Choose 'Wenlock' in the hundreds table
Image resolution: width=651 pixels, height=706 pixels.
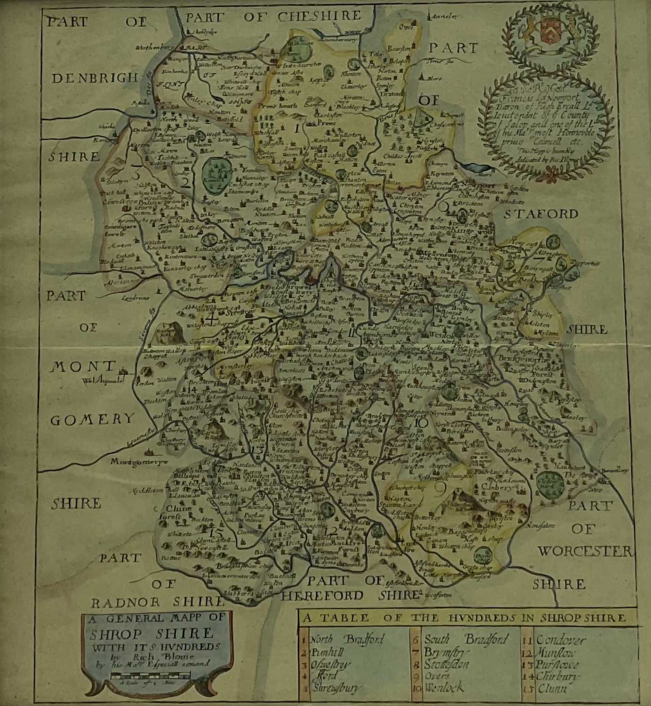tap(444, 688)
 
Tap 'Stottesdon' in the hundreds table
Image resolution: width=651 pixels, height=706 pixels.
tap(447, 664)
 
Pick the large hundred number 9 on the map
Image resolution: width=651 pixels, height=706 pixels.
tap(438, 491)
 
